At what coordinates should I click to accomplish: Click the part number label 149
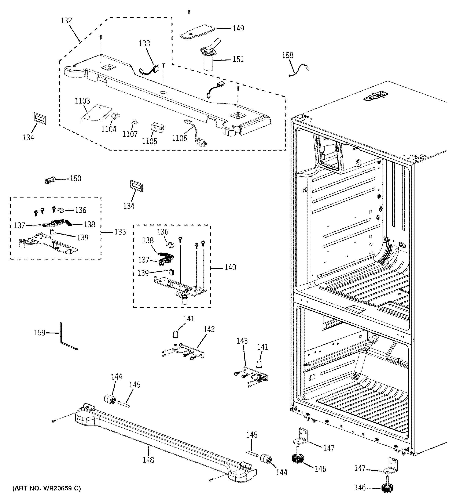point(238,28)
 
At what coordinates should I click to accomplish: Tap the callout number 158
point(288,55)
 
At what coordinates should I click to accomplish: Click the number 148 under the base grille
point(148,460)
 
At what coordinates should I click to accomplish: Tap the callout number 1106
point(180,138)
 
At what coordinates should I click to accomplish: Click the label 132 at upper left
point(66,21)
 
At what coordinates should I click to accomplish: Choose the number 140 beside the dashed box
point(230,267)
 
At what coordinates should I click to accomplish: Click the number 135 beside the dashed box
point(120,232)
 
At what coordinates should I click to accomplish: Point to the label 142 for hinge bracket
point(209,329)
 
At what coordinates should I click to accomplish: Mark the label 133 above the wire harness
point(144,44)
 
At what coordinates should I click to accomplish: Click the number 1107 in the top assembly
point(130,134)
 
